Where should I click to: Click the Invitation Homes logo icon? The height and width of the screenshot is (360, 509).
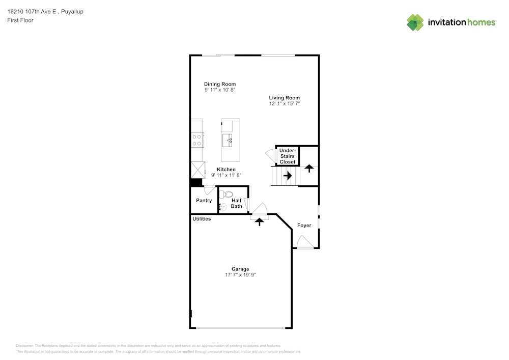tap(415, 22)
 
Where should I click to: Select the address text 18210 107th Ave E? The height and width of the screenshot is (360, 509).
tap(32, 12)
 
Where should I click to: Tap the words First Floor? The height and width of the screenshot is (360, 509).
tap(20, 20)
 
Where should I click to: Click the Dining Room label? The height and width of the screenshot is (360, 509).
tap(220, 84)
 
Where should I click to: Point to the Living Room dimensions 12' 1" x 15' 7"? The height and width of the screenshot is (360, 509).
tap(285, 104)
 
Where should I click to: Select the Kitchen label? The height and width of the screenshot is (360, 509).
tap(226, 170)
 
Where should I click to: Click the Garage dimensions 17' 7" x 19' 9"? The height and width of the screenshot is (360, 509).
tap(240, 275)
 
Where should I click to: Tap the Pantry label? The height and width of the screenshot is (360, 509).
tap(204, 201)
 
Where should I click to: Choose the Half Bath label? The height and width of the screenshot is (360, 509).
tap(236, 203)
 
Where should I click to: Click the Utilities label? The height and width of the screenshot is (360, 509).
tap(202, 219)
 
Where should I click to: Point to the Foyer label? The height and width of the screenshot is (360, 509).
tap(304, 226)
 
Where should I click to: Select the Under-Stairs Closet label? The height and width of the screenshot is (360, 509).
tap(288, 156)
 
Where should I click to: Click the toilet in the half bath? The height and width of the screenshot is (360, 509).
tap(227, 194)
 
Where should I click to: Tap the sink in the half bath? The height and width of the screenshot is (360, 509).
tap(223, 207)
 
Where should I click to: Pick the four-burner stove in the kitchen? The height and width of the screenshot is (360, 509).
tap(197, 140)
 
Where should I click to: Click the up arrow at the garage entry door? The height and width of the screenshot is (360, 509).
tap(260, 221)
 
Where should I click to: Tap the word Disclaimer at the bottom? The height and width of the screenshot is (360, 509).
tap(25, 345)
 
